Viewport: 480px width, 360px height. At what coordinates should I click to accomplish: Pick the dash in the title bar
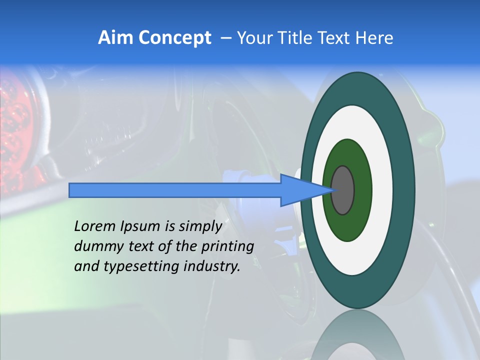tap(226, 38)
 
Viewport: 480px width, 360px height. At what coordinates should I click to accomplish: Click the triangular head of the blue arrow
tap(300, 190)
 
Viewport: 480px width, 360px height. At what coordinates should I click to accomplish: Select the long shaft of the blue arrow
tap(175, 190)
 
